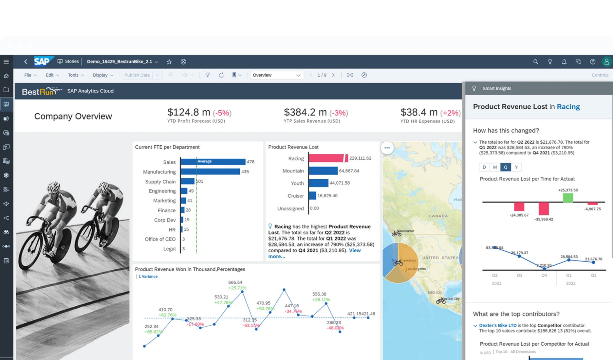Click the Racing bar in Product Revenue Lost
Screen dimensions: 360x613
coord(326,158)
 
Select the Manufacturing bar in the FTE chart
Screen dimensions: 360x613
coord(210,171)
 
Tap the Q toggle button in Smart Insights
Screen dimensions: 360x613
coord(505,167)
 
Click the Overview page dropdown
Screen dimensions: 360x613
coord(277,75)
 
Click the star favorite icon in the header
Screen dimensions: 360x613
coord(169,62)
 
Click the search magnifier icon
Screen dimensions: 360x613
coord(535,62)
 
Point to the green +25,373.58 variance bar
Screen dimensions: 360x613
coord(568,198)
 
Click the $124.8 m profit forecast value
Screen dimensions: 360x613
coord(189,112)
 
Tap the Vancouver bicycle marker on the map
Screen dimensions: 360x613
coord(397,233)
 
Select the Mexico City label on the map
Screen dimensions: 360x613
coord(451,298)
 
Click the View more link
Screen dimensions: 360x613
coord(355,250)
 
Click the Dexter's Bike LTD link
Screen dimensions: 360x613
coord(497,325)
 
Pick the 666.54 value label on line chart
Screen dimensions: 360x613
coord(235,282)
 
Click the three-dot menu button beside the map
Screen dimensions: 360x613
coord(387,148)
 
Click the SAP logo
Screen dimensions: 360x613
coord(42,62)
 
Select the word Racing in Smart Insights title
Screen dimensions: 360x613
coord(568,107)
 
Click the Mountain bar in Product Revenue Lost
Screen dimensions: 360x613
coord(323,171)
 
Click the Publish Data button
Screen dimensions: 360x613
coord(137,75)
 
